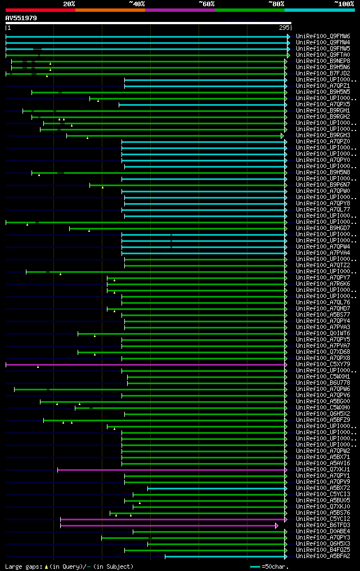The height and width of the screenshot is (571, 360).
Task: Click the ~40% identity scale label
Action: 137,4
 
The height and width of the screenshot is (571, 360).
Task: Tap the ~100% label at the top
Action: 344,4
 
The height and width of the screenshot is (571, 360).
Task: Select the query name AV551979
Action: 21,18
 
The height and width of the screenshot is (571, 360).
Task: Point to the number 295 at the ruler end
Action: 283,28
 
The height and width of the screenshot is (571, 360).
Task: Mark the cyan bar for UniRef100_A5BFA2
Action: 225,556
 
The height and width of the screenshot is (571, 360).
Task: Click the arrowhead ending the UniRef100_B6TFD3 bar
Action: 277,525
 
